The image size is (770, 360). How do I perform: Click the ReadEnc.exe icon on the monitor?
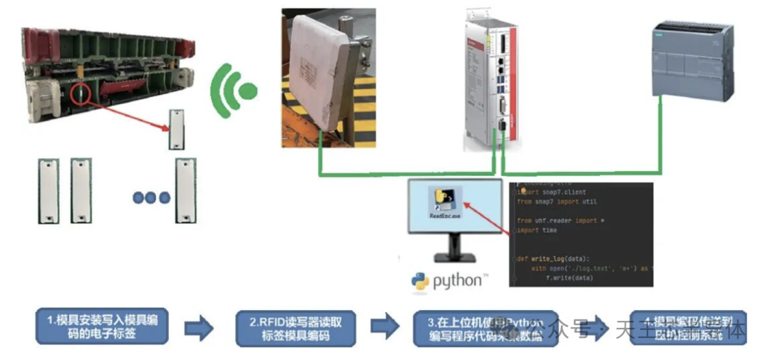click(446, 201)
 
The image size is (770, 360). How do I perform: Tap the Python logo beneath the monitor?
click(447, 280)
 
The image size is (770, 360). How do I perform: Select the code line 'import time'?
click(539, 230)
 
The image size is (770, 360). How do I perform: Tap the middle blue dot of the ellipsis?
click(150, 197)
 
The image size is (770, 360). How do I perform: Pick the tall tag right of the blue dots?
click(185, 190)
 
